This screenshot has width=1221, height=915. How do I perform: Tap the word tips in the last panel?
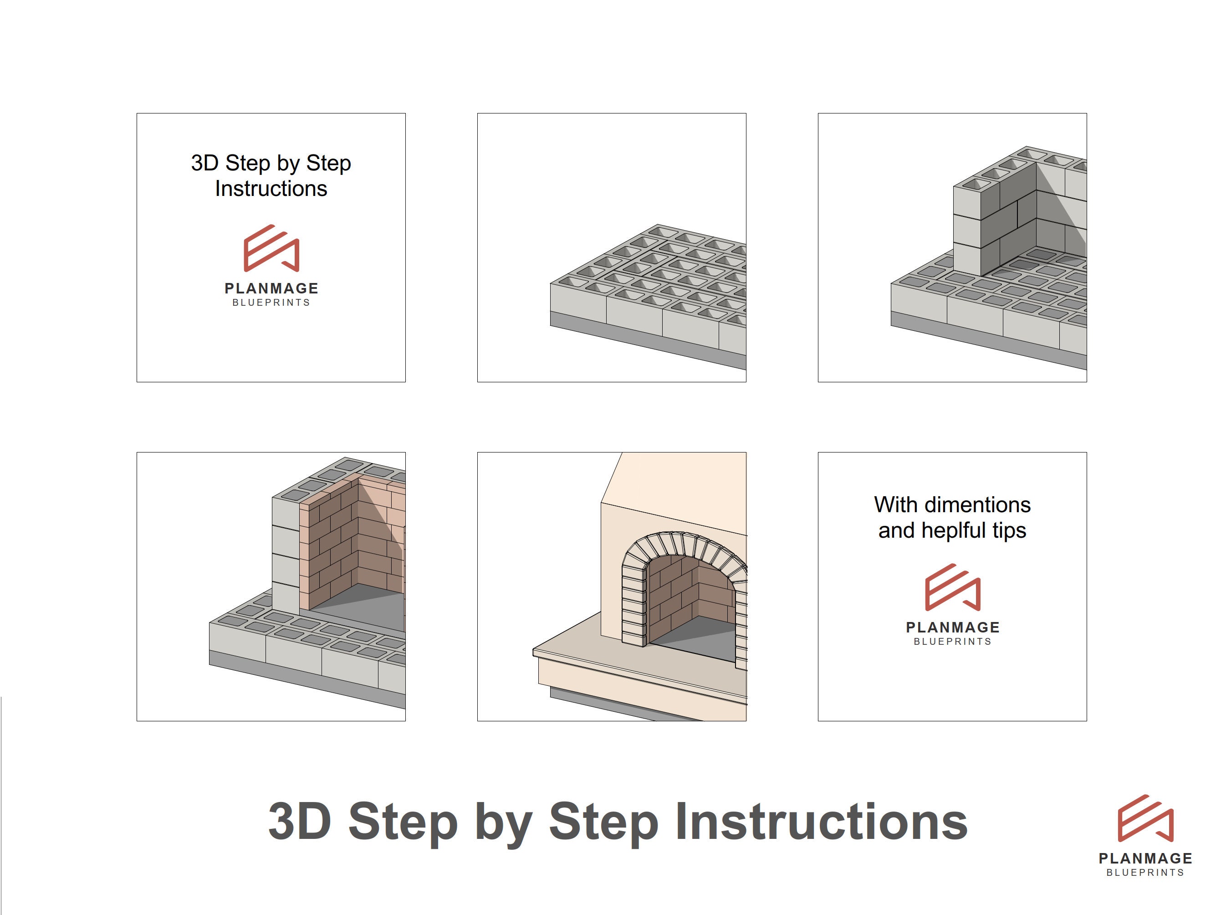click(x=1009, y=531)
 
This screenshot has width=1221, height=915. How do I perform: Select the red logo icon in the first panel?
click(x=271, y=248)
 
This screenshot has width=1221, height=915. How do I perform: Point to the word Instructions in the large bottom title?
click(x=821, y=822)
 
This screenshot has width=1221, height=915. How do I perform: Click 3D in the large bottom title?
click(x=299, y=822)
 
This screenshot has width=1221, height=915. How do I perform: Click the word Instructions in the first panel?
click(x=271, y=189)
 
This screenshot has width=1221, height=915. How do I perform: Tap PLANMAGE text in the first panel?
click(x=271, y=288)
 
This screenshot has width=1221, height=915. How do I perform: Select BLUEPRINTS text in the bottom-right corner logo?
click(x=1145, y=873)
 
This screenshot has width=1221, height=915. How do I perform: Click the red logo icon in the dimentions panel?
click(x=952, y=587)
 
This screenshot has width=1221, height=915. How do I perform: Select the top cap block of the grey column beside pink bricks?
click(x=286, y=511)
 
